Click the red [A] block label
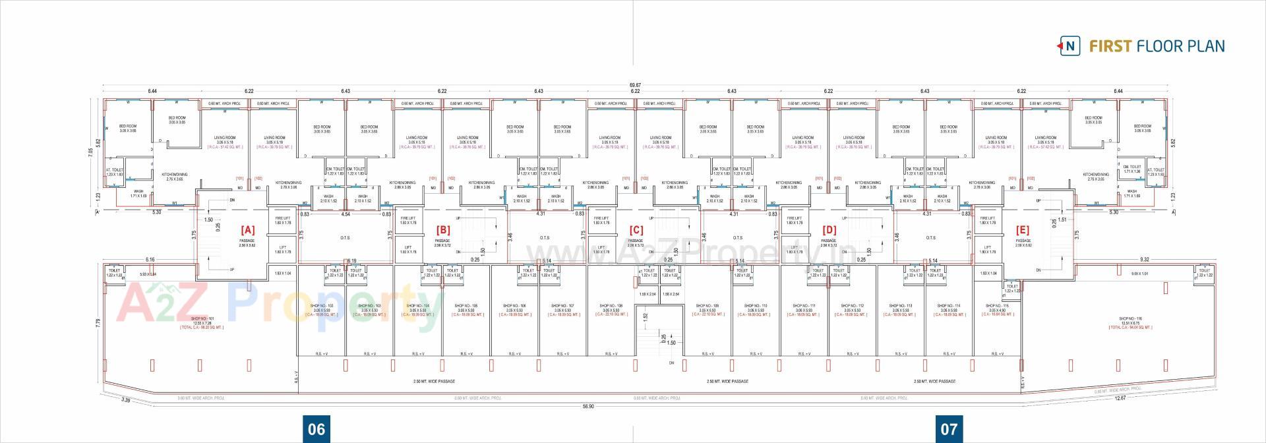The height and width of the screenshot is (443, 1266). click(x=247, y=230)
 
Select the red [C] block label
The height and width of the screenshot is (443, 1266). click(x=636, y=230)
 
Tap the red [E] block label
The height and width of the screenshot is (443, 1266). click(x=1023, y=230)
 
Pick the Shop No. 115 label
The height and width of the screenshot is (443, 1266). click(x=996, y=306)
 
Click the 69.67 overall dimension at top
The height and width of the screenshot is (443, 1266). click(x=636, y=85)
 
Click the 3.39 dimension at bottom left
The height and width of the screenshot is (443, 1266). click(x=126, y=399)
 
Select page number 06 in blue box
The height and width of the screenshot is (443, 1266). click(x=316, y=429)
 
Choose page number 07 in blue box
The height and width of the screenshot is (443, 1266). click(x=948, y=429)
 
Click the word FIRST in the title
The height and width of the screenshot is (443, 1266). click(x=1110, y=46)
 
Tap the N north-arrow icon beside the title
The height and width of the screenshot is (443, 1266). click(x=1070, y=46)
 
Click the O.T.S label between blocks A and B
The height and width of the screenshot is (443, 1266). click(x=345, y=238)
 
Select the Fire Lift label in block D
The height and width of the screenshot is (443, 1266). click(x=794, y=218)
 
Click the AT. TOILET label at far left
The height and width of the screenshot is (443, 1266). click(x=114, y=170)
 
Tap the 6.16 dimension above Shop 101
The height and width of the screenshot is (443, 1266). click(x=150, y=260)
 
